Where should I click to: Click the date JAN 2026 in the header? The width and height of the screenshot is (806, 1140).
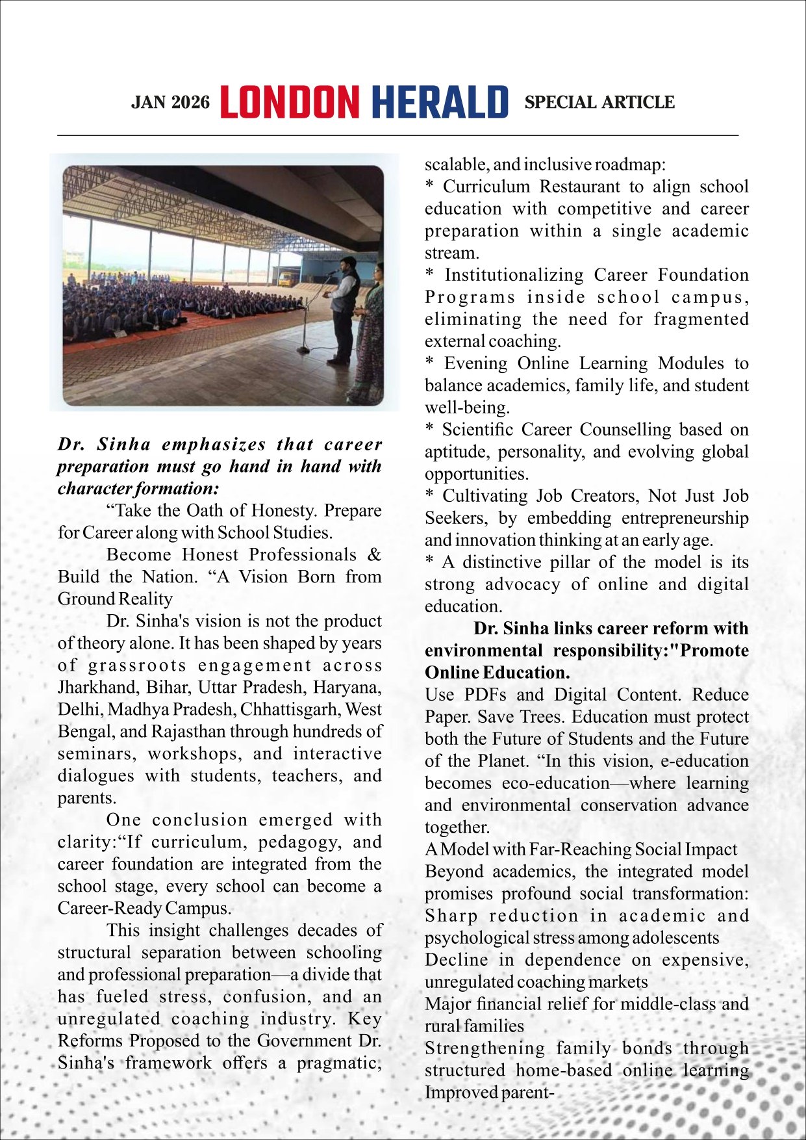click(x=170, y=103)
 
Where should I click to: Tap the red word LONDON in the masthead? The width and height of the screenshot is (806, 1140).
click(x=290, y=102)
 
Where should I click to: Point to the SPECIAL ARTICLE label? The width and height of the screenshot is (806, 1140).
click(x=599, y=102)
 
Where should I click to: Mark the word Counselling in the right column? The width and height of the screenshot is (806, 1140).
click(x=626, y=430)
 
